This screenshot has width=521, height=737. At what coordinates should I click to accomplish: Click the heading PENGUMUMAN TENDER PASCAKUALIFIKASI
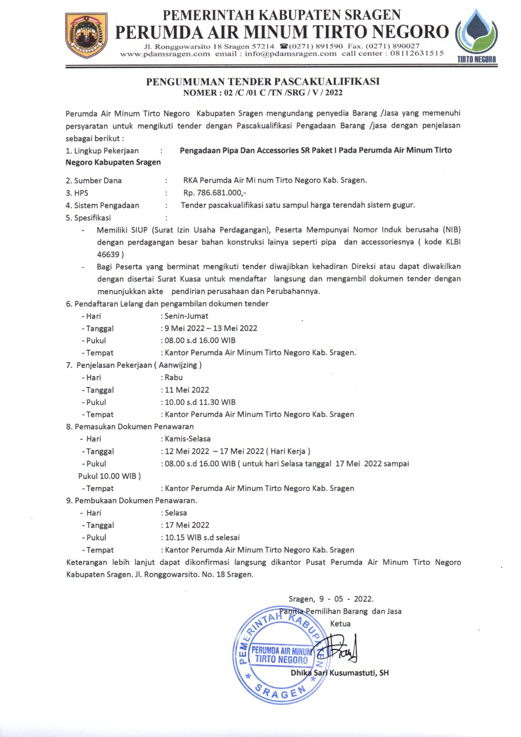263,82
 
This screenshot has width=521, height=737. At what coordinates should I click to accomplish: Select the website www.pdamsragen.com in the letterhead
165,54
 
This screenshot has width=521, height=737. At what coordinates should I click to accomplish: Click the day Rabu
173,378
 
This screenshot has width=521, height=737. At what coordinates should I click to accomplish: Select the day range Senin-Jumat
187,316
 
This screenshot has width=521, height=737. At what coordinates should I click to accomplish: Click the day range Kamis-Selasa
188,439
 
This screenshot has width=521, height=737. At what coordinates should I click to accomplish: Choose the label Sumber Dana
98,180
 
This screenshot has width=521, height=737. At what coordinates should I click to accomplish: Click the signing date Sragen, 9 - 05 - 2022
331,599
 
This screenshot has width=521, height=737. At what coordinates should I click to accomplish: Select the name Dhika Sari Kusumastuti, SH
340,673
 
